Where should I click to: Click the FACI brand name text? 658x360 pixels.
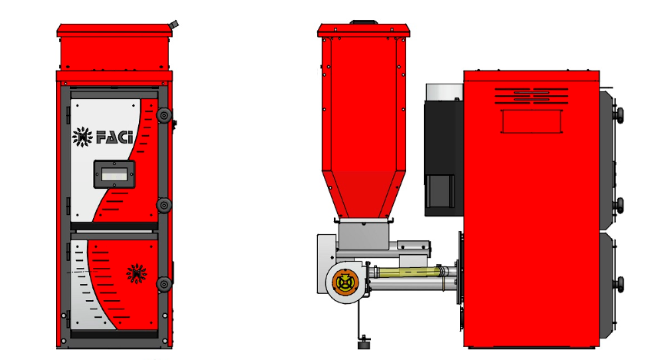[x=114, y=137]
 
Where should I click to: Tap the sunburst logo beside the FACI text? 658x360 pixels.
[x=82, y=137]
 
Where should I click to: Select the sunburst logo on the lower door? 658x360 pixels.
[x=137, y=273]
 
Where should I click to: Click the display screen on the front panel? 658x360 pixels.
[x=114, y=174]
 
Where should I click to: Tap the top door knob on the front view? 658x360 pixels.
[x=164, y=115]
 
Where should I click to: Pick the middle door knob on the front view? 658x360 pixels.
[x=164, y=205]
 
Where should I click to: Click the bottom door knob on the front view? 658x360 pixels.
[x=164, y=284]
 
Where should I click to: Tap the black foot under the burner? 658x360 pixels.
[x=363, y=344]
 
